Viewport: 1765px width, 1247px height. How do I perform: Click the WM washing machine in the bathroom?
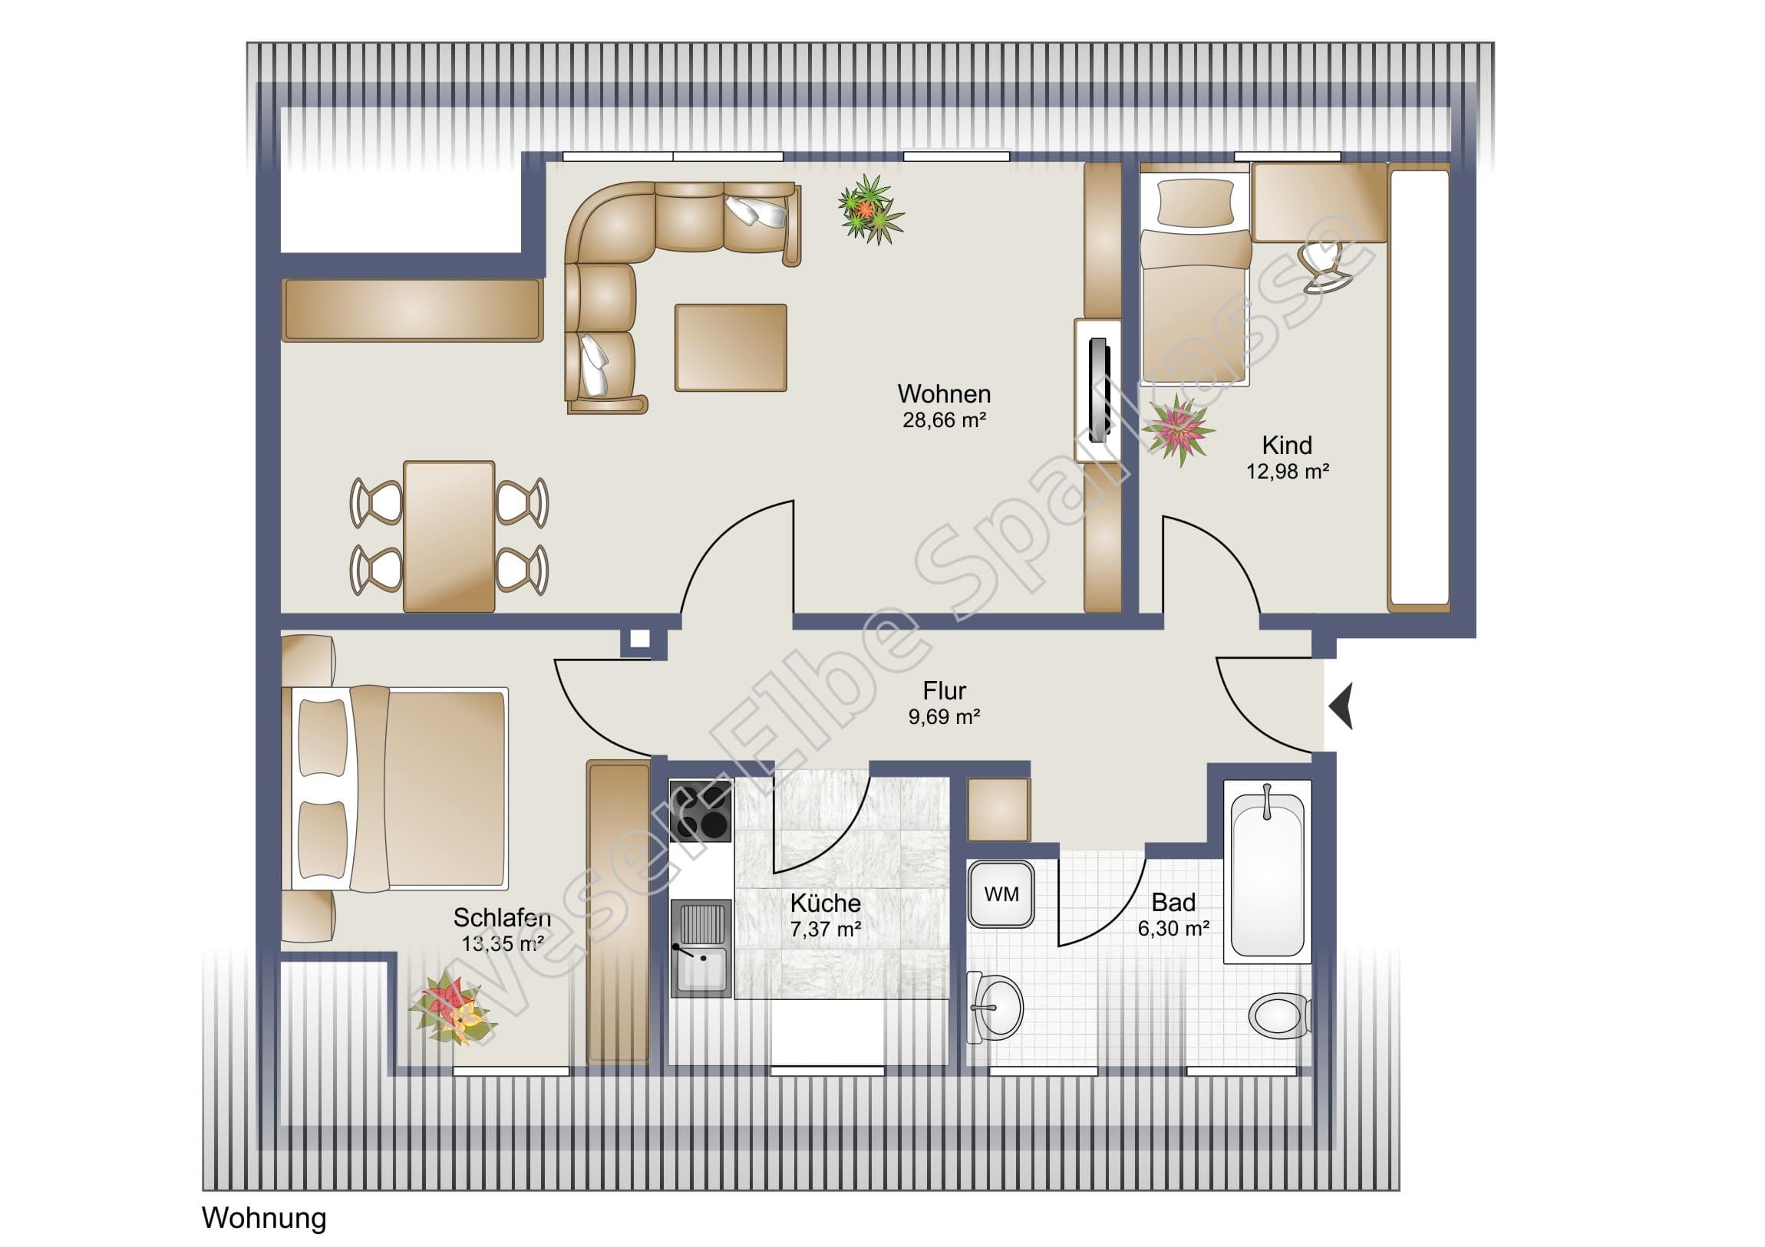1000,893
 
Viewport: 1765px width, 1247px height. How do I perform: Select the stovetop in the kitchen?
700,810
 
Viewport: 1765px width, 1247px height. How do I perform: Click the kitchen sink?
700,949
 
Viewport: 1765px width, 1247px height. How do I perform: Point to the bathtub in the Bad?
1267,871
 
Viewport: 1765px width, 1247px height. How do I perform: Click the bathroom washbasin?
995,1007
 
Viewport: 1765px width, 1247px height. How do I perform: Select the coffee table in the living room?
731,347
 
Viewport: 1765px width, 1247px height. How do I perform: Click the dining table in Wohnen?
449,536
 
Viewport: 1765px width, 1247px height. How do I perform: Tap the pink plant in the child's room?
1178,428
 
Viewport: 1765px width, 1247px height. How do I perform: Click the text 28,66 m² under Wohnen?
944,420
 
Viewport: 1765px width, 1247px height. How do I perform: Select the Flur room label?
944,691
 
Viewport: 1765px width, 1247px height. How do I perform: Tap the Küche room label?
825,903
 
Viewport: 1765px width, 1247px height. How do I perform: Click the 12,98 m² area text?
1288,471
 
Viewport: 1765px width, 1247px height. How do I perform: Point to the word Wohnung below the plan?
264,1219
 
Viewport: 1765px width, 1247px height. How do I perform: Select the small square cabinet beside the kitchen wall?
998,810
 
